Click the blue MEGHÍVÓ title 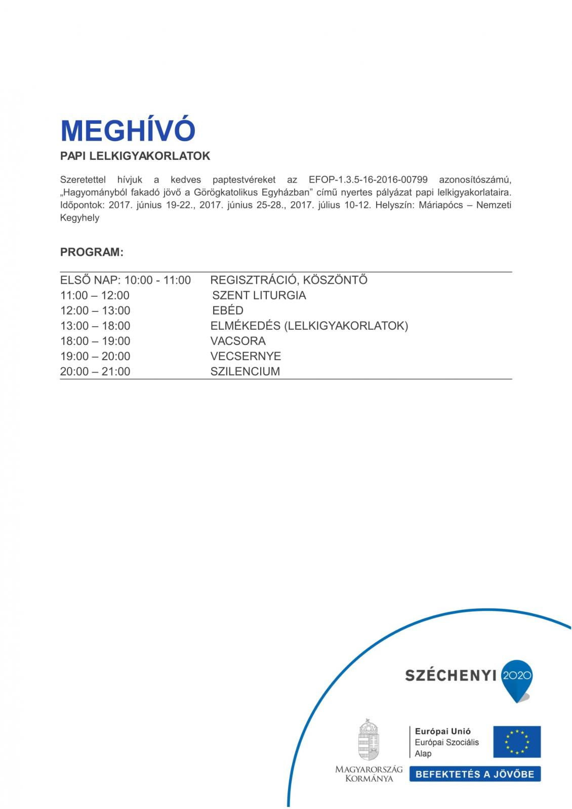[x=128, y=130]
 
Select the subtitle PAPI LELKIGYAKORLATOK [x=135, y=156]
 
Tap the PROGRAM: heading [x=92, y=252]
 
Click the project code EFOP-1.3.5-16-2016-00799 [x=368, y=179]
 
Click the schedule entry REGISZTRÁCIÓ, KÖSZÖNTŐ [x=289, y=280]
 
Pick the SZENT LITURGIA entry [x=259, y=295]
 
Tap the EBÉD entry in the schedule [x=228, y=310]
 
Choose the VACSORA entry [x=238, y=341]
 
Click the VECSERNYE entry [x=246, y=356]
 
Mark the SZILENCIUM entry [x=245, y=371]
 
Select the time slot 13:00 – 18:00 [x=95, y=326]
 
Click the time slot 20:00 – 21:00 [x=95, y=371]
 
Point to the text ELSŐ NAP [x=89, y=280]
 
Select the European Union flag [x=517, y=742]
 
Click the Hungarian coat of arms [x=369, y=739]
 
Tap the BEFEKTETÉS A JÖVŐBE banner [x=475, y=774]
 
